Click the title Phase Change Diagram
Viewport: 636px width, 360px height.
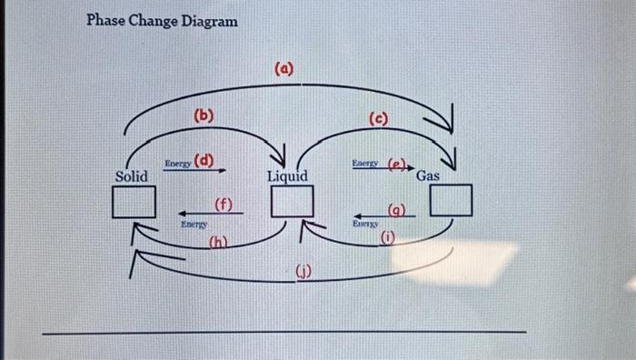(162, 20)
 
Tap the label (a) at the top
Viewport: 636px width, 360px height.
(283, 69)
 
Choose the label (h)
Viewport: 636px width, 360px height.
(218, 242)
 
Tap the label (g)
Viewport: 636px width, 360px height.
(397, 210)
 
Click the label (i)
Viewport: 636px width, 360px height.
(388, 239)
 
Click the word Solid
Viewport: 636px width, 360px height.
(132, 176)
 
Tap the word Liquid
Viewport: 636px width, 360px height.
(287, 175)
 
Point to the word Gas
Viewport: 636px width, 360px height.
(428, 175)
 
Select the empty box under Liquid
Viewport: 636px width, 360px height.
(293, 200)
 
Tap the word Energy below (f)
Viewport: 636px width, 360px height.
(194, 223)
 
